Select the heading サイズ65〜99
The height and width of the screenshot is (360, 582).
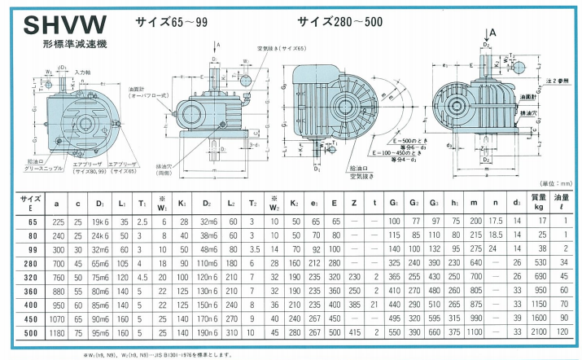click(170, 22)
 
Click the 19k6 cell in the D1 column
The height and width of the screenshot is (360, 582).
click(101, 222)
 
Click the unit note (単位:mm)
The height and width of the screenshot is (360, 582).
click(555, 186)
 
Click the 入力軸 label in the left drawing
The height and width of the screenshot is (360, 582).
click(82, 73)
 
